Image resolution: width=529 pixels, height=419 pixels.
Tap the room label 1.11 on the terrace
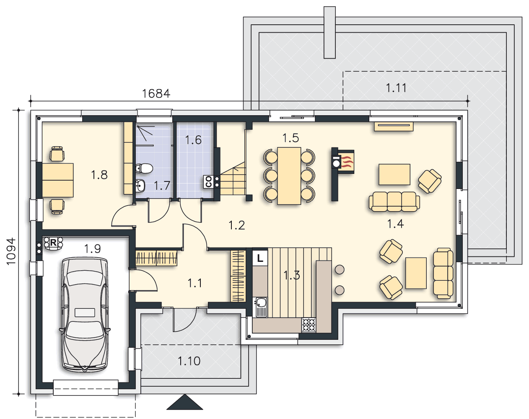396,88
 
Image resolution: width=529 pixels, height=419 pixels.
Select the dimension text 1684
156,93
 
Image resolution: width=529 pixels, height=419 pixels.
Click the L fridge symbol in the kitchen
260,258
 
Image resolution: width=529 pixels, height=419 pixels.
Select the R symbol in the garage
53,243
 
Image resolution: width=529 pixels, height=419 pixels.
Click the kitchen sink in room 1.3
261,307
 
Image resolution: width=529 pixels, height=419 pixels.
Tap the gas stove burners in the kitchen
309,325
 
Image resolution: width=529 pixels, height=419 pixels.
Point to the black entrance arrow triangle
184,403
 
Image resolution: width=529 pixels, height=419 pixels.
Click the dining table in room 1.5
289,176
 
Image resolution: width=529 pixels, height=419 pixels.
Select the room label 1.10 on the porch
189,361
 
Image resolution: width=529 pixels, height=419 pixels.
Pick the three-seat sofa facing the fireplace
394,202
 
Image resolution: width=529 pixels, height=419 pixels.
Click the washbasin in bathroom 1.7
140,186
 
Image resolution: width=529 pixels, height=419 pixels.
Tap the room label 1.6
193,140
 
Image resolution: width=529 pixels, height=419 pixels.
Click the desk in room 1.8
58,180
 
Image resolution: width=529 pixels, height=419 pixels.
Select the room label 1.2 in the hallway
237,225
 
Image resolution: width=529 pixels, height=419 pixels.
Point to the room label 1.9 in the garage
92,249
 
